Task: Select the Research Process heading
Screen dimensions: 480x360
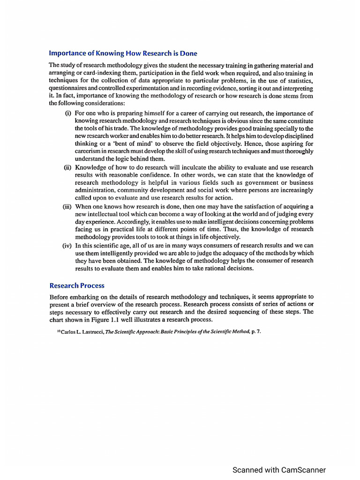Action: tap(77, 285)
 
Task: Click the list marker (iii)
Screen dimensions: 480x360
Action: tap(68, 206)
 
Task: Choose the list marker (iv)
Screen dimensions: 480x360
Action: tap(68, 245)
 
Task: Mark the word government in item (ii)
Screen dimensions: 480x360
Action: tap(259, 183)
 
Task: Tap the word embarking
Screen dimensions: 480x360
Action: tap(88, 297)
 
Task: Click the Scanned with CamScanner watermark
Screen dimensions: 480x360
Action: tap(279, 470)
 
